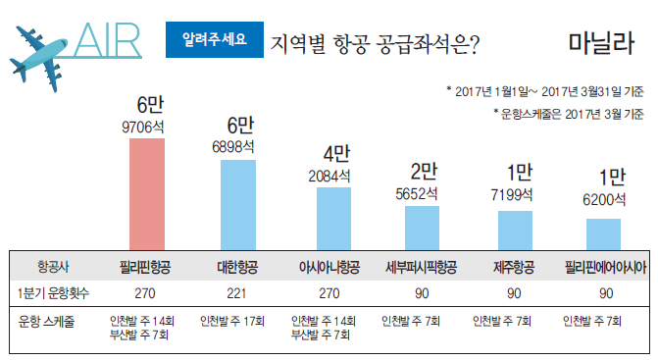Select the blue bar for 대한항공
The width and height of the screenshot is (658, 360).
[x=238, y=205]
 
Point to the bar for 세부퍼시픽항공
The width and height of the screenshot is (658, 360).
[x=422, y=229]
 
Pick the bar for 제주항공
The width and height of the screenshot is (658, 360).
[x=514, y=231]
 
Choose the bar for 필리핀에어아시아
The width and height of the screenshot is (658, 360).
[x=603, y=234]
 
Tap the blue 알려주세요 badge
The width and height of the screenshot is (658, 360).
[x=215, y=41]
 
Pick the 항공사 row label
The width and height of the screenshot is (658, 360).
[x=50, y=266]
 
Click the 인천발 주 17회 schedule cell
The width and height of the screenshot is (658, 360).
[x=236, y=320]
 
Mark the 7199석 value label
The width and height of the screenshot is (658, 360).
[x=511, y=196]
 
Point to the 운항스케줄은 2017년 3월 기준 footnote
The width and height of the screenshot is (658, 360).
[x=568, y=113]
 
